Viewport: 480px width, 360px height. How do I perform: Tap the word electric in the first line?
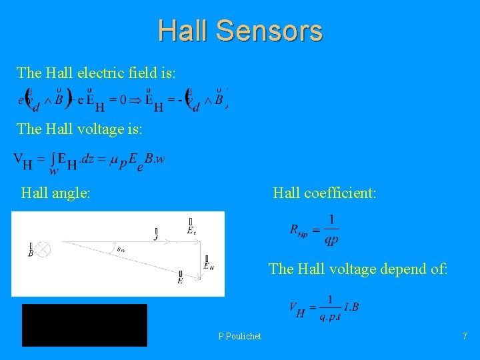coord(99,72)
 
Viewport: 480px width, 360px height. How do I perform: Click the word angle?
coord(73,193)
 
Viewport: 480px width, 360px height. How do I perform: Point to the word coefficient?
coord(341,193)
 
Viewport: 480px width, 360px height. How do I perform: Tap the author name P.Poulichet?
coord(239,336)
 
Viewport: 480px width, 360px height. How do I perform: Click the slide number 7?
coord(465,336)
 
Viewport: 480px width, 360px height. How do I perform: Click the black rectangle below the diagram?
coord(85,325)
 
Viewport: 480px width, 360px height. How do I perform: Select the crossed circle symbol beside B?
coord(43,249)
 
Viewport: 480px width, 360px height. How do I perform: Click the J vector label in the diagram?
coord(156,234)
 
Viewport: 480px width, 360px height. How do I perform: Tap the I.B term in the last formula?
coord(351,307)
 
